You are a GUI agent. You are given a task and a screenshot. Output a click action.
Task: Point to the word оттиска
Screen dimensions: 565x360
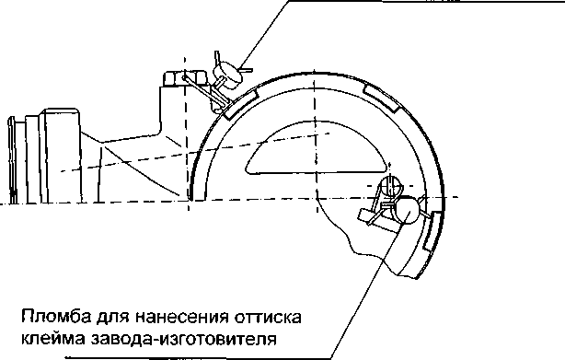click(x=268, y=317)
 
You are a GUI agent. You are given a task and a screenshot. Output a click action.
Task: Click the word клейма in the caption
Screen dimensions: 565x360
click(x=52, y=338)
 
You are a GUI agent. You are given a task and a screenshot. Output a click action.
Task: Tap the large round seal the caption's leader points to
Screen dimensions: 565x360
click(x=407, y=210)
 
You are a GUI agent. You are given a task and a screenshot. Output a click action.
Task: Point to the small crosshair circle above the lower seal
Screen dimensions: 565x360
click(x=390, y=185)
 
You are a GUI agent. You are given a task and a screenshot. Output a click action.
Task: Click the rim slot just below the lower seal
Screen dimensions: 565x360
click(x=432, y=231)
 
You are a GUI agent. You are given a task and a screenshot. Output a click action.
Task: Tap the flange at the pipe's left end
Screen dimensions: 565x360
click(x=12, y=160)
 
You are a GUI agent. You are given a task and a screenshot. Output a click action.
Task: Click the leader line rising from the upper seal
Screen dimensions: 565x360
click(x=264, y=35)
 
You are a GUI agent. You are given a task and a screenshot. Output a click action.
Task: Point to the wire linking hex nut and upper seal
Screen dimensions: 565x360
click(x=204, y=91)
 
